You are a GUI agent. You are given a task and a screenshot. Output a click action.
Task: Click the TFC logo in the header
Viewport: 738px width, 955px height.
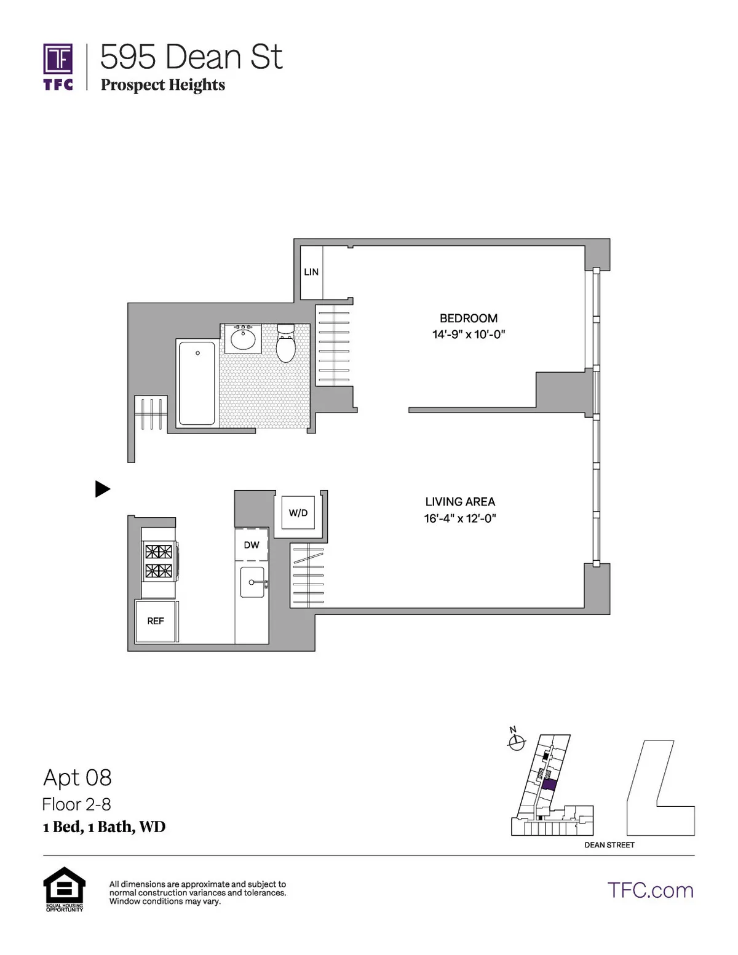[58, 66]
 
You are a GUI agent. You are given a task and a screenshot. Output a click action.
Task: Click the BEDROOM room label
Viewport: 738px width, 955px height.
[468, 318]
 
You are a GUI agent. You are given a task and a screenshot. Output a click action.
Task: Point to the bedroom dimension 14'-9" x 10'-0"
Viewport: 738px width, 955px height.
[468, 335]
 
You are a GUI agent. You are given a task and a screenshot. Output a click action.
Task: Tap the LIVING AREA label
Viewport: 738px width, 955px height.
[460, 502]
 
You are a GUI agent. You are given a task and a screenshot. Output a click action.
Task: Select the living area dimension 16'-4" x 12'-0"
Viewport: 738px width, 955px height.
[460, 518]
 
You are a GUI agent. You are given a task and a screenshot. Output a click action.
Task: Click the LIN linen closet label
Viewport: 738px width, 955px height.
[311, 272]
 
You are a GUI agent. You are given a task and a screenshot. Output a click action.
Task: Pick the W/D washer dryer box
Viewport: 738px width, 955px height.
[298, 513]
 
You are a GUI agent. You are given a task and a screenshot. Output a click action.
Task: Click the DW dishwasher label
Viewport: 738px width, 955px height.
[252, 545]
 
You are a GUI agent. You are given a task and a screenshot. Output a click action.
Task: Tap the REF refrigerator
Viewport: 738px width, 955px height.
[156, 621]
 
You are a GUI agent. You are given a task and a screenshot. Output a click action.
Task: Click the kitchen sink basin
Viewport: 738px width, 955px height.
[252, 582]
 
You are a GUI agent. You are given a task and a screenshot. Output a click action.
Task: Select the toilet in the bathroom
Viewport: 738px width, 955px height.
[286, 344]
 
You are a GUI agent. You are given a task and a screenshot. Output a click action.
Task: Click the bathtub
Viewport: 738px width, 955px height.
[197, 383]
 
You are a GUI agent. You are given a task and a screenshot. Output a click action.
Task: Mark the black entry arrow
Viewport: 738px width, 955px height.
[103, 489]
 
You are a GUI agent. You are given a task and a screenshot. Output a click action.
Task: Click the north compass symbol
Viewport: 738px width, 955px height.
[516, 742]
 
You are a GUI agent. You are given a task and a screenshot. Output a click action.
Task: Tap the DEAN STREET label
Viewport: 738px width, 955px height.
[609, 845]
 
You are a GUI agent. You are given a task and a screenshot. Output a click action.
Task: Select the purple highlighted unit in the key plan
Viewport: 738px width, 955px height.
[549, 785]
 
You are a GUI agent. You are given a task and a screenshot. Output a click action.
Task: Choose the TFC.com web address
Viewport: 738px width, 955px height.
[650, 890]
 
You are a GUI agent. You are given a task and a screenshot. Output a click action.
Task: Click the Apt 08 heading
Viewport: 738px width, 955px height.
[77, 778]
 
